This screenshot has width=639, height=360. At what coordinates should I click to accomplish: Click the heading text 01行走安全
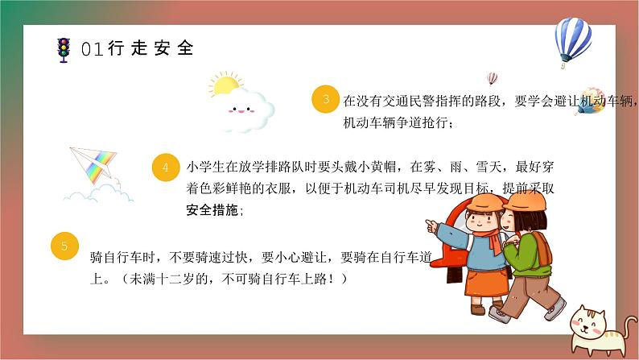pos(138,48)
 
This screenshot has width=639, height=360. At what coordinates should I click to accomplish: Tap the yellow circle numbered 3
pos(325,101)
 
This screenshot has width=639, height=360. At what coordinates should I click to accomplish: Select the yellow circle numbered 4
pos(165,168)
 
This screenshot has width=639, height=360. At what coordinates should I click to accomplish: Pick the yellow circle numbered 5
pos(64,245)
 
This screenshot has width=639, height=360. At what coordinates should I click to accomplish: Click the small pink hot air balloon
pos(493,79)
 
